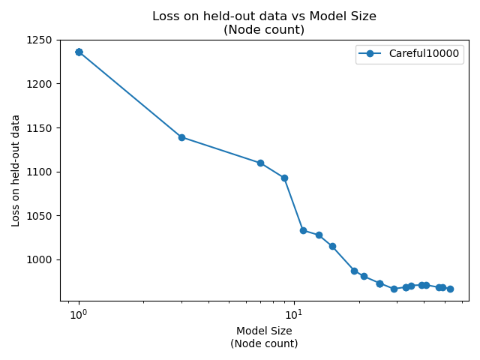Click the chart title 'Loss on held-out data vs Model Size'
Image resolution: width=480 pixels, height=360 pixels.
tap(264, 16)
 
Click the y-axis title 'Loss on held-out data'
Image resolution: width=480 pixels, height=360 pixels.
tap(16, 169)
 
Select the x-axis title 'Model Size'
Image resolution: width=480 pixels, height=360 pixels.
tap(264, 331)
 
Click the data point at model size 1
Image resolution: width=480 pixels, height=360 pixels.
tap(79, 52)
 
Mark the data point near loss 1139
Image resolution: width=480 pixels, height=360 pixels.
tap(181, 137)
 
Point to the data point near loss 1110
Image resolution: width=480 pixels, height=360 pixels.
tap(260, 163)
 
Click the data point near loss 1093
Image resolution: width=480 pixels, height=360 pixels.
tap(284, 178)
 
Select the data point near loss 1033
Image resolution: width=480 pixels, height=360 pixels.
tap(303, 230)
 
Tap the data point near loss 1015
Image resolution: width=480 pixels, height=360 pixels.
tap(332, 246)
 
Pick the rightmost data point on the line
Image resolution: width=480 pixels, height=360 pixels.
tap(450, 289)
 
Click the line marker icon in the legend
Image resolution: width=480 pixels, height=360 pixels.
tap(370, 54)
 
